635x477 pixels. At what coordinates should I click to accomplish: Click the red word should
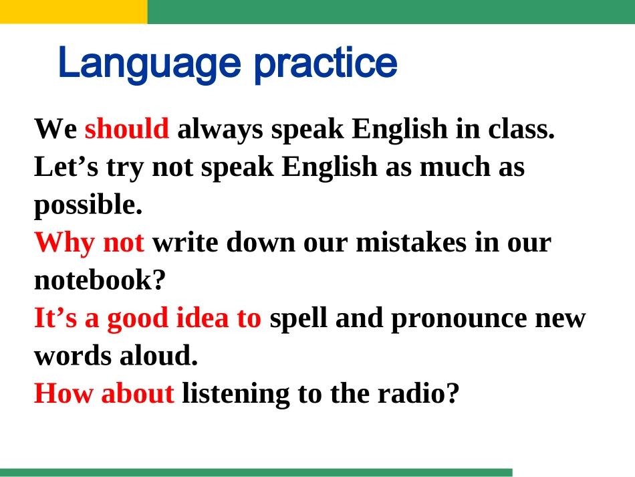pyautogui.click(x=127, y=128)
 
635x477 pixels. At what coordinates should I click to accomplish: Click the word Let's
pyautogui.click(x=67, y=167)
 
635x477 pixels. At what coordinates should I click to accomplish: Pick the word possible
pyautogui.click(x=88, y=205)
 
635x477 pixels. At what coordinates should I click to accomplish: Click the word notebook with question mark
pyautogui.click(x=100, y=280)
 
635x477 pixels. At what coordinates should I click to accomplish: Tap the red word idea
pyautogui.click(x=200, y=318)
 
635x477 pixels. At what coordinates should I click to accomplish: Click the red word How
pyautogui.click(x=64, y=393)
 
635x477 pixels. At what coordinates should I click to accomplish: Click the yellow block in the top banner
pyautogui.click(x=74, y=11)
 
